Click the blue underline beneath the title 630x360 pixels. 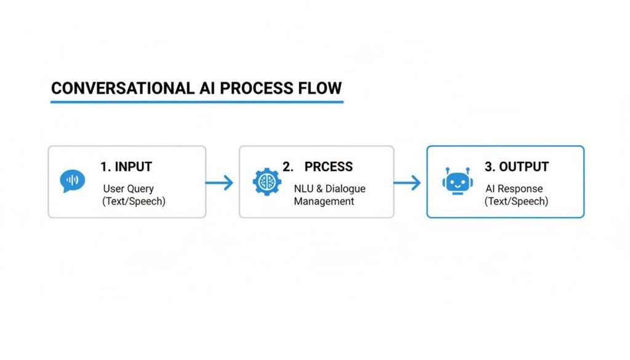(197, 102)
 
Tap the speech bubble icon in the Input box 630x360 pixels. (72, 182)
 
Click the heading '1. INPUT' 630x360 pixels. (126, 167)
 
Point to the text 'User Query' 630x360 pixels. (128, 189)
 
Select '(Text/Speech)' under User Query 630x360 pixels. (134, 201)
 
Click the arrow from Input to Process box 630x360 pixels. (220, 182)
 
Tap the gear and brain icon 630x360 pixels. (267, 182)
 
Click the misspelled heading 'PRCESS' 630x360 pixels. (329, 167)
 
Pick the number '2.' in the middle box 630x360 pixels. (288, 167)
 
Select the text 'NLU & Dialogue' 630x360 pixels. (329, 189)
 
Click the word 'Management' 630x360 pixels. (324, 201)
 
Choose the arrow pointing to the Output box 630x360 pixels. (407, 182)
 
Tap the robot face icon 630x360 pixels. (456, 182)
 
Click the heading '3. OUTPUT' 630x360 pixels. (516, 167)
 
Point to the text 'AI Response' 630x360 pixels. (514, 189)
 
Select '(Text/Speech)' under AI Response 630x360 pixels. (516, 201)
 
